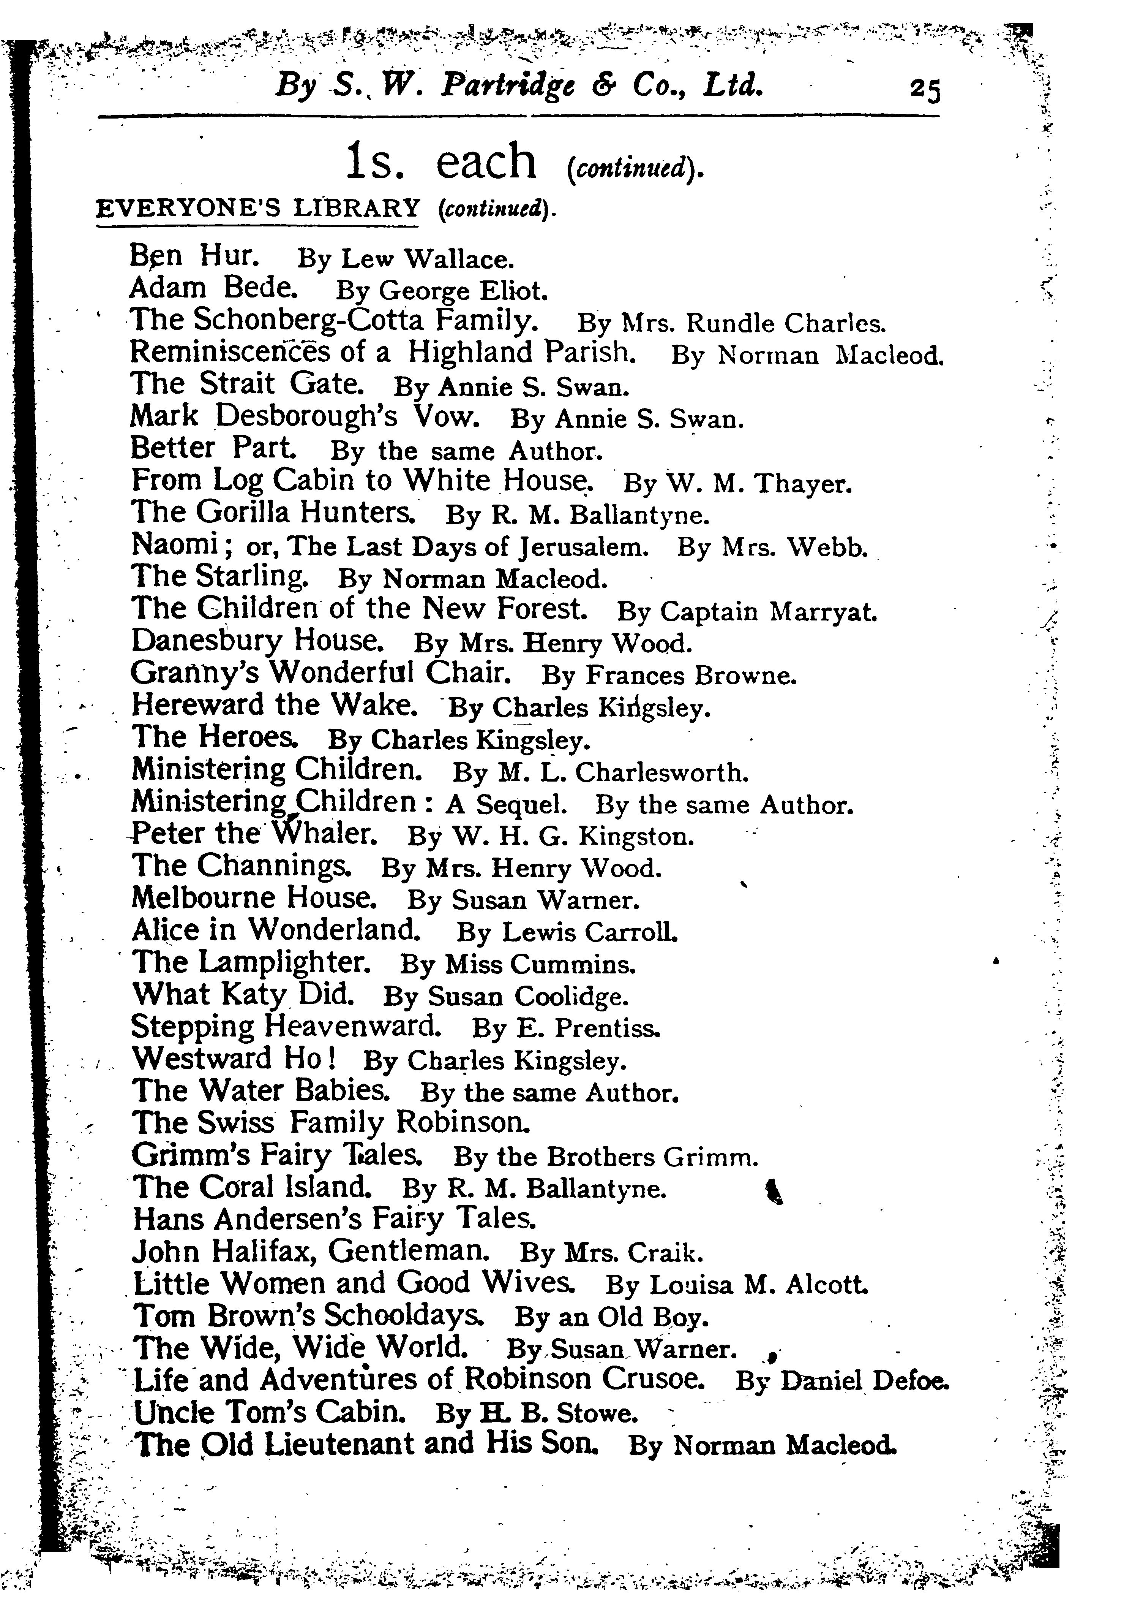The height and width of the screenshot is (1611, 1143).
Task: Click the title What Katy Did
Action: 243,994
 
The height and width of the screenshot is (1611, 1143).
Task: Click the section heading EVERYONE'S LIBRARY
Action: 257,209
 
